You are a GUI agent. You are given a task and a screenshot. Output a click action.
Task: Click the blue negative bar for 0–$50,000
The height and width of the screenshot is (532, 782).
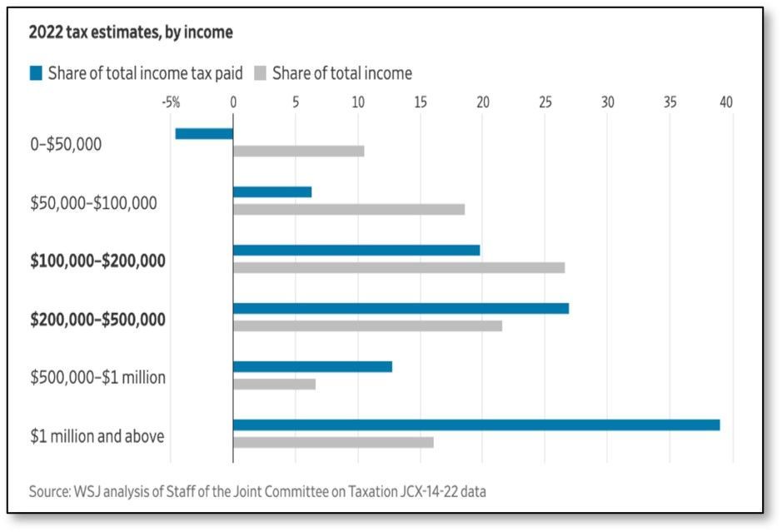(204, 133)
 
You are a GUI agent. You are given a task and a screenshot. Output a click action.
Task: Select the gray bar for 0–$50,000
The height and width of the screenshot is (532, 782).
(299, 151)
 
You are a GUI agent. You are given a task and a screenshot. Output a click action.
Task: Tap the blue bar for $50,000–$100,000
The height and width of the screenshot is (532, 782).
(272, 192)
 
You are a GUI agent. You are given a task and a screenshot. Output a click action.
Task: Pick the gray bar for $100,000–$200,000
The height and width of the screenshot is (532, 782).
(399, 268)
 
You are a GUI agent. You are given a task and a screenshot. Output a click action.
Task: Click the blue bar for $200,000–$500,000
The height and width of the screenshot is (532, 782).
(401, 309)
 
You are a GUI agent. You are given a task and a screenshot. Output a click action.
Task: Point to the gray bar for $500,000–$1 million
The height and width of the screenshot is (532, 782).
(274, 384)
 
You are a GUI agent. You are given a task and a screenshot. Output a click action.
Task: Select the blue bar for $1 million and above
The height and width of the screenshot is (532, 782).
(476, 425)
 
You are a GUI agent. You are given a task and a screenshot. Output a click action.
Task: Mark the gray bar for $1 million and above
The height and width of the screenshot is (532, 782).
(333, 442)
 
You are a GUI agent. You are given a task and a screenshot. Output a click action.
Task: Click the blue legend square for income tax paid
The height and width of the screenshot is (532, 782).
(36, 73)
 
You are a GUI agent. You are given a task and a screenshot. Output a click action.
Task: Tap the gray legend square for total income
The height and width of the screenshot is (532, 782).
(261, 73)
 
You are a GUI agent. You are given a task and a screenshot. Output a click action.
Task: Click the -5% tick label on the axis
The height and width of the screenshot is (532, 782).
(171, 102)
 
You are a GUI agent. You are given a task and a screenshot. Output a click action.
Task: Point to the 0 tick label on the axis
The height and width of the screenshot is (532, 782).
(233, 102)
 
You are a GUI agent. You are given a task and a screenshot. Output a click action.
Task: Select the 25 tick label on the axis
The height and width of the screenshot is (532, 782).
(545, 102)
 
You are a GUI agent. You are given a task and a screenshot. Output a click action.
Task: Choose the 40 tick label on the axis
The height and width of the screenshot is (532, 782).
(726, 102)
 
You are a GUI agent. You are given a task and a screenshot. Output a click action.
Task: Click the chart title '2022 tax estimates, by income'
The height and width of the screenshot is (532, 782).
(131, 32)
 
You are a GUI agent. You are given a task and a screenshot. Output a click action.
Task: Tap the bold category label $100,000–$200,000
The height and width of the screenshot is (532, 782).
(97, 261)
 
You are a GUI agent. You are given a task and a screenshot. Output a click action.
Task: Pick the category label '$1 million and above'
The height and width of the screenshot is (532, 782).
(97, 436)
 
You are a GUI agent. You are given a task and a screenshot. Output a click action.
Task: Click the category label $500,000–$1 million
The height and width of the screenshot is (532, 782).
(97, 377)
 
